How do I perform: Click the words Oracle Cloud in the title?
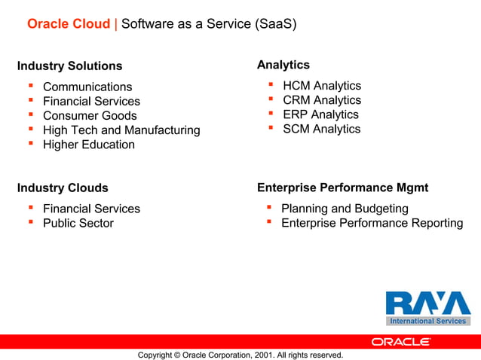coord(69,24)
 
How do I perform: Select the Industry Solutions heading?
coord(69,66)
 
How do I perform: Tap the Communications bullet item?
coord(87,87)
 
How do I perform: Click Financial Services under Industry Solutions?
coord(91,102)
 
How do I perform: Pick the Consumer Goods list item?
coord(90,116)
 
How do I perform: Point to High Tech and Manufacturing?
coord(121,130)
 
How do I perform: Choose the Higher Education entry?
coord(89,145)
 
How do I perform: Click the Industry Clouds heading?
coord(63,188)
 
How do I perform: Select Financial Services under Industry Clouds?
coord(91,209)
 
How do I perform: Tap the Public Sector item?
coord(78,223)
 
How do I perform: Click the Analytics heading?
coord(283,66)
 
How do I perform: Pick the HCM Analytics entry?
coord(322,86)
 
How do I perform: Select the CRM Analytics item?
coord(322,100)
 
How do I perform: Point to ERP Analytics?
coord(320,114)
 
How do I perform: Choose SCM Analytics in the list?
coord(322,129)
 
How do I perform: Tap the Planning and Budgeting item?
coord(345,209)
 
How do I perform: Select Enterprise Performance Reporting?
coord(372,223)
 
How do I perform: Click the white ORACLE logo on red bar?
coord(401,341)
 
